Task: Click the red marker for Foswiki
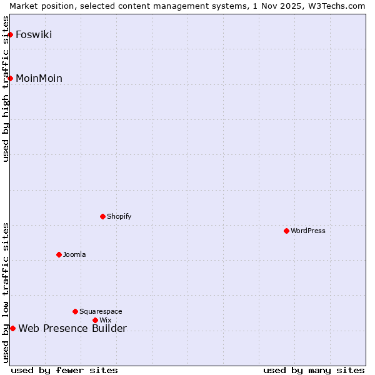click(11, 34)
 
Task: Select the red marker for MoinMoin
click(11, 78)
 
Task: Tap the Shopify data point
click(103, 216)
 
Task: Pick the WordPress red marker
click(287, 231)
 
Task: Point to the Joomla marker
click(59, 254)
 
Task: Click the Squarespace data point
click(76, 311)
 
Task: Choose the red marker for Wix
click(96, 320)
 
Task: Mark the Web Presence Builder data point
click(12, 328)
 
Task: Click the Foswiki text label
click(34, 34)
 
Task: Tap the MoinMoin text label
click(39, 78)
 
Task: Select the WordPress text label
click(308, 231)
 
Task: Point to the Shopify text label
click(119, 216)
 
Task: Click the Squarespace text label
click(101, 311)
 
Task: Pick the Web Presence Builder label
click(72, 329)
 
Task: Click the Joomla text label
click(74, 254)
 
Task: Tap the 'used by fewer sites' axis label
click(64, 370)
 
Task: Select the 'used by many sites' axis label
click(314, 370)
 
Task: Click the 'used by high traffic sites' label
click(6, 89)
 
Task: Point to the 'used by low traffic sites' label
click(6, 292)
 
